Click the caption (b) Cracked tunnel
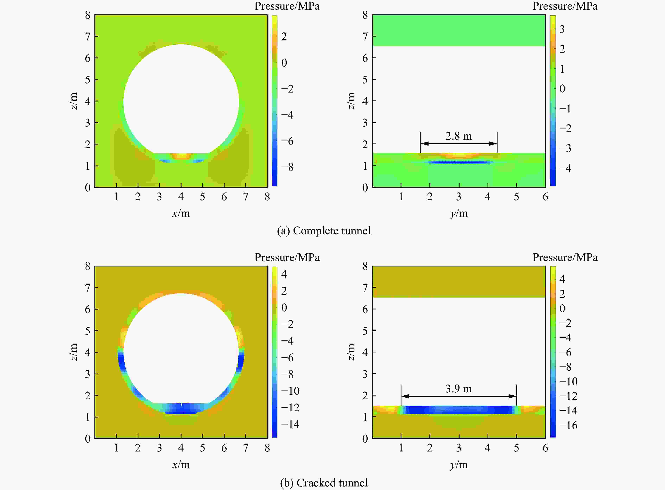(x=324, y=483)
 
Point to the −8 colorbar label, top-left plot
(x=287, y=167)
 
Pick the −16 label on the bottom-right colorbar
(x=568, y=425)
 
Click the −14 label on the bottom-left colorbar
(x=290, y=424)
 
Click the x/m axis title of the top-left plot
(x=181, y=213)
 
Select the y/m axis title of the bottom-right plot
(x=459, y=464)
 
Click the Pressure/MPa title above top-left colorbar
(x=287, y=6)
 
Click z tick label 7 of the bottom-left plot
(x=87, y=288)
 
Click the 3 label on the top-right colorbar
(x=562, y=29)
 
